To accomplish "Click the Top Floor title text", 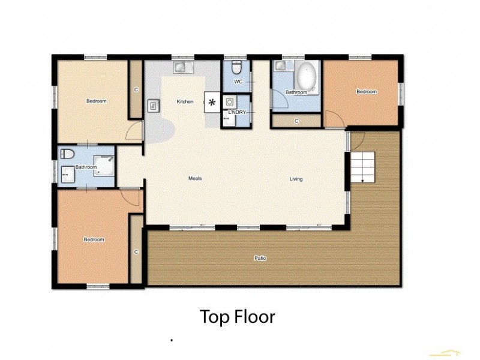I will pyautogui.click(x=237, y=316).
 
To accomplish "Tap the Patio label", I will pyautogui.click(x=260, y=259).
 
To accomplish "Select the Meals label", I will pyautogui.click(x=194, y=179).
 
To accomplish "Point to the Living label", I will pyautogui.click(x=296, y=179).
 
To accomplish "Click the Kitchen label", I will pyautogui.click(x=185, y=101).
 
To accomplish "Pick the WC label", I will pyautogui.click(x=238, y=81).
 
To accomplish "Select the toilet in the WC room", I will pyautogui.click(x=236, y=65).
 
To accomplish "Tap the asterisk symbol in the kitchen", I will pyautogui.click(x=212, y=102).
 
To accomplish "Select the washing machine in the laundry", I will pyautogui.click(x=230, y=101).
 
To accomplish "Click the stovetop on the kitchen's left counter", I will pyautogui.click(x=153, y=106).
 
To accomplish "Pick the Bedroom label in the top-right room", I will pyautogui.click(x=367, y=92).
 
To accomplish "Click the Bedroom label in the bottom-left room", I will pyautogui.click(x=94, y=240).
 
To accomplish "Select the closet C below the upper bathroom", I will pyautogui.click(x=296, y=121).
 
